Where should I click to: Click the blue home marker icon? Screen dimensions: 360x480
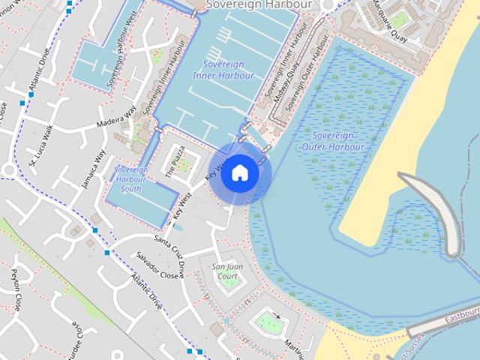point(239,172)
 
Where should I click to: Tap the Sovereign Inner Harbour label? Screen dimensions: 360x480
point(223,70)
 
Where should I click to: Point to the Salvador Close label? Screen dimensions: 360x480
point(157,265)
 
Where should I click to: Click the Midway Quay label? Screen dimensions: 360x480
point(286,82)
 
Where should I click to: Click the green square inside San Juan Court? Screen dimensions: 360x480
point(229,281)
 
